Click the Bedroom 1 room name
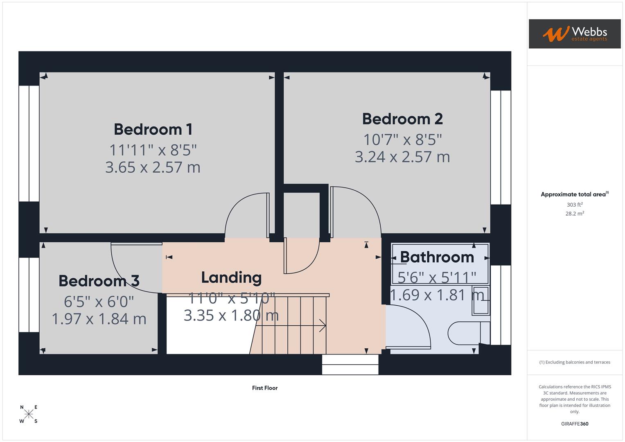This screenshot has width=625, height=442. [x=153, y=129]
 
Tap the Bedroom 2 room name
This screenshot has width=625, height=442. [x=402, y=119]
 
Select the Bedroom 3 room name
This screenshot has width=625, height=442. [x=99, y=281]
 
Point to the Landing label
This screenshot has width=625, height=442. [x=231, y=277]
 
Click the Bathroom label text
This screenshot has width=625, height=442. [x=437, y=257]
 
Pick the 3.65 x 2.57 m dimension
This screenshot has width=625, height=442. [x=153, y=167]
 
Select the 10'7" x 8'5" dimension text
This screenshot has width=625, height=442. [x=402, y=140]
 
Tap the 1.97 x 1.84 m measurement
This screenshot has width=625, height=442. [x=99, y=319]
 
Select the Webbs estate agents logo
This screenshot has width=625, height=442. [x=575, y=34]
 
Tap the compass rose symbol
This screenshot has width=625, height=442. [x=29, y=414]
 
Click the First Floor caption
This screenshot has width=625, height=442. [x=265, y=388]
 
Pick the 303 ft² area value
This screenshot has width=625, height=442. [x=575, y=205]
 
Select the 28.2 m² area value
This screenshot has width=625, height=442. [x=575, y=214]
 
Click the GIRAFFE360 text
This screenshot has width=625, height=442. [x=575, y=424]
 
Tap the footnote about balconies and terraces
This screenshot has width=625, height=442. [x=575, y=362]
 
